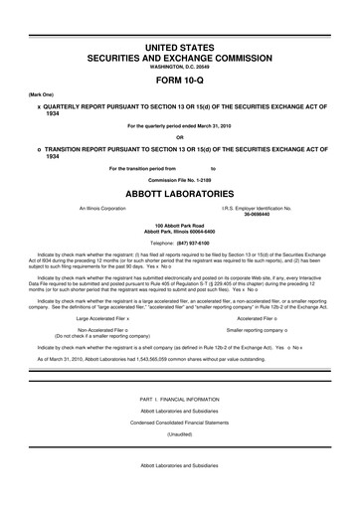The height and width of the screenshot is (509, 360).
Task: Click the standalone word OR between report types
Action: click(x=179, y=136)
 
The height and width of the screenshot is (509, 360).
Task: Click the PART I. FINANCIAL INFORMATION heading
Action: click(x=179, y=399)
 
